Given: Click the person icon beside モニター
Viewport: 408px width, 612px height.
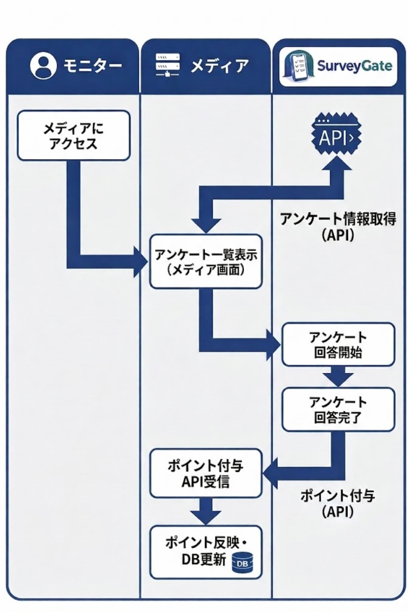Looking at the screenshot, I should [x=42, y=66].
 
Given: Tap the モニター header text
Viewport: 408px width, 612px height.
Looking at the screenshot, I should [x=92, y=66].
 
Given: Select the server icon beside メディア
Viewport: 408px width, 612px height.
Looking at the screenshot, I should [x=167, y=65].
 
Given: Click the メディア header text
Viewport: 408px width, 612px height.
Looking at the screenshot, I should [x=220, y=66].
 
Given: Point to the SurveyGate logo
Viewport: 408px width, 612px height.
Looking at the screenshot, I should [x=338, y=66].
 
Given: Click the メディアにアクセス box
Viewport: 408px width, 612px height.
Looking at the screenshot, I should [x=74, y=136].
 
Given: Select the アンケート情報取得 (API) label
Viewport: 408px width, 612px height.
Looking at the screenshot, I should [x=338, y=226].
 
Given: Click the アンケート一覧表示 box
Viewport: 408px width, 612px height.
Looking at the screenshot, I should [x=206, y=262].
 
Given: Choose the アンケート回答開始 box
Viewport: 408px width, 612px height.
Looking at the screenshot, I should [x=338, y=344].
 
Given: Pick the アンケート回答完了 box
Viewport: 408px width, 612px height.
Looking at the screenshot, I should [x=338, y=410].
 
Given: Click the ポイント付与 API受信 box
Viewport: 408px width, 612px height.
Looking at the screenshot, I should [x=206, y=473].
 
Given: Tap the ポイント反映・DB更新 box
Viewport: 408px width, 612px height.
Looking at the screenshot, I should [x=206, y=552].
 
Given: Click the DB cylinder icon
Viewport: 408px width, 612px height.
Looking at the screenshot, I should [x=242, y=563].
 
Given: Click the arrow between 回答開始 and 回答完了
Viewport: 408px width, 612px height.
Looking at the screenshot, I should [x=338, y=377].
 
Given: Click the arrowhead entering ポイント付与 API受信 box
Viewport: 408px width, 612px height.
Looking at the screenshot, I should [x=271, y=473].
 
